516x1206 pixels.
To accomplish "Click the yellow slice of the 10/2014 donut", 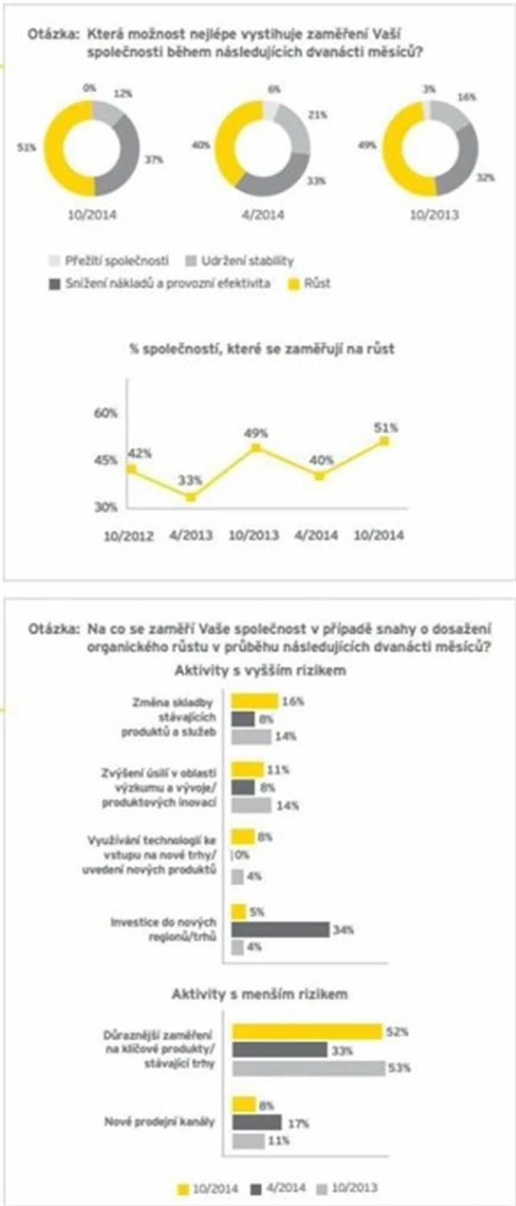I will click(58, 149).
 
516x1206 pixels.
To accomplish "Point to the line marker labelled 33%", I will click(191, 497).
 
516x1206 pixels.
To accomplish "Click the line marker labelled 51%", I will click(385, 441).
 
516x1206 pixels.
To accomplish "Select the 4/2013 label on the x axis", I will click(191, 534).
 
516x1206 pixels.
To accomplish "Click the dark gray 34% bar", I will click(281, 929).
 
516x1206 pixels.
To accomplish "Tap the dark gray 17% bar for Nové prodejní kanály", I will click(256, 1122).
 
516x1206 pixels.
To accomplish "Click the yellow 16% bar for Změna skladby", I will click(255, 701).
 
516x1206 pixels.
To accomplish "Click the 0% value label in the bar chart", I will click(240, 856).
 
